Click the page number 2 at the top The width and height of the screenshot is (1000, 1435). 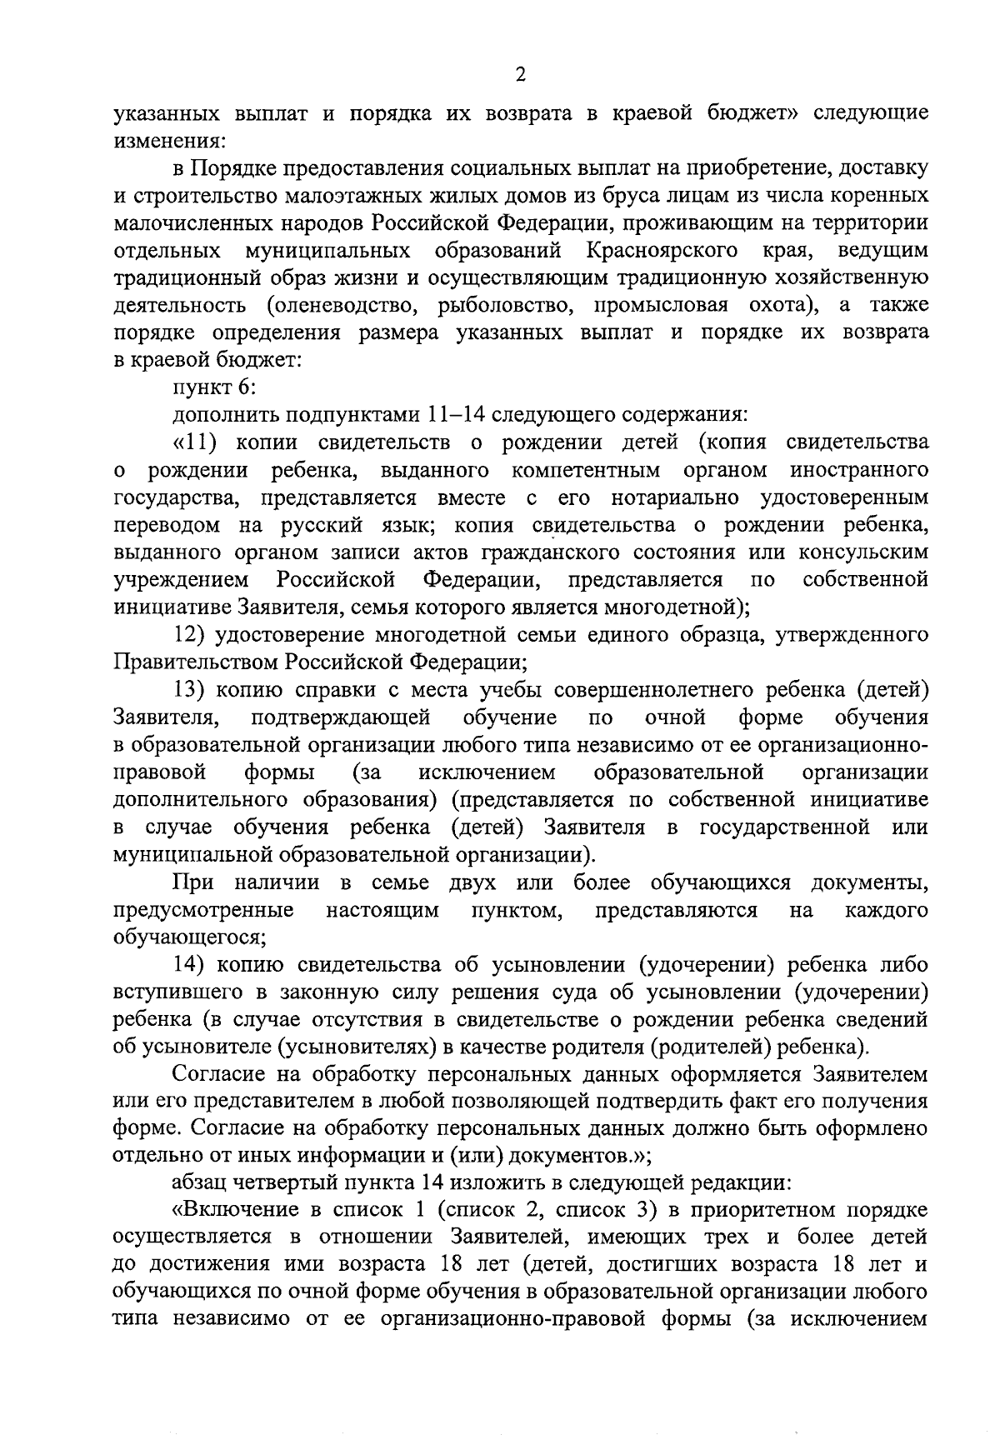coord(521,76)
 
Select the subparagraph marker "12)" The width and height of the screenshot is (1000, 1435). coord(190,635)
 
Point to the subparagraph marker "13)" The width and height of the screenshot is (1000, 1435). coord(190,690)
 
